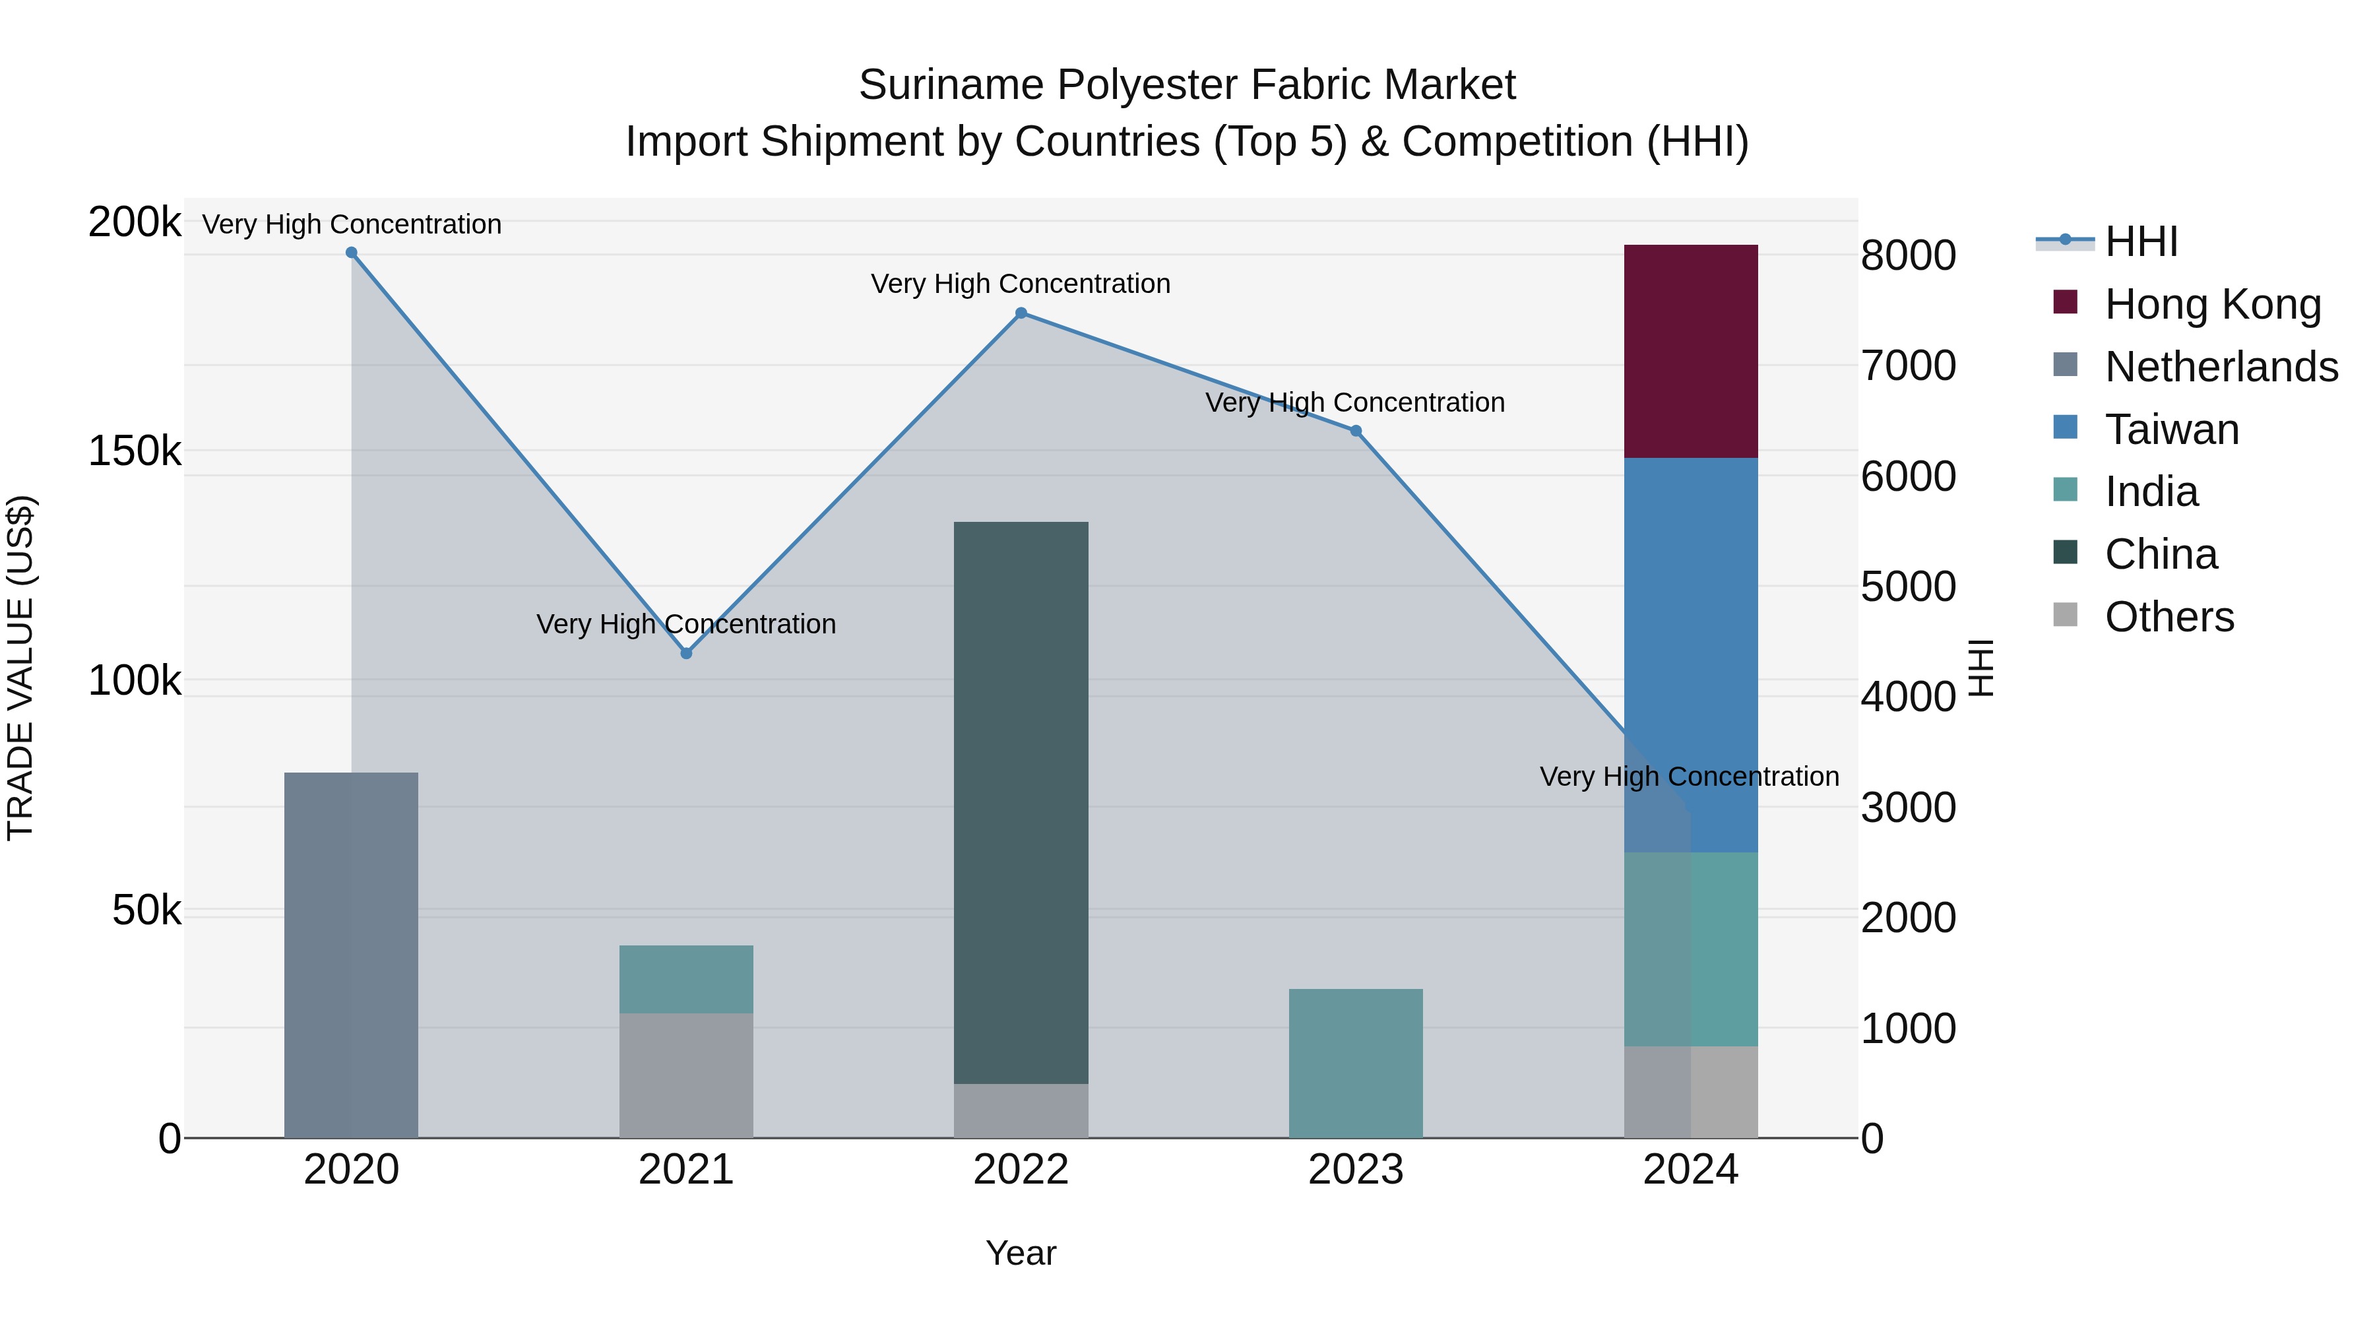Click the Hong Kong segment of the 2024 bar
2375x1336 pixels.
(1690, 351)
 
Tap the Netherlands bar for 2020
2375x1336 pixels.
(350, 954)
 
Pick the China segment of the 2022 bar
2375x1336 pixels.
(1021, 802)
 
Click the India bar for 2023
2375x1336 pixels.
(1355, 1063)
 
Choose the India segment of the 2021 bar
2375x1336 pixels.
(686, 979)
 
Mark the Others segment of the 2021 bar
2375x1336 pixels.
(686, 1075)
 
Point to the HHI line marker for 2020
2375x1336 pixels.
(351, 253)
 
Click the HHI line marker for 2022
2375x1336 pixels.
(1021, 313)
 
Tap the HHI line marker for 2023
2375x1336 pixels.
(1355, 431)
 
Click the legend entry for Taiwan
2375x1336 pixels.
(2171, 429)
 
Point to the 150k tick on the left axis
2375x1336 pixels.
(135, 452)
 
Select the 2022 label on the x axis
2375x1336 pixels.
(1021, 1170)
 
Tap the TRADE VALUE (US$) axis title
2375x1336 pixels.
(20, 668)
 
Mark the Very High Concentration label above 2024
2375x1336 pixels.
(1689, 777)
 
